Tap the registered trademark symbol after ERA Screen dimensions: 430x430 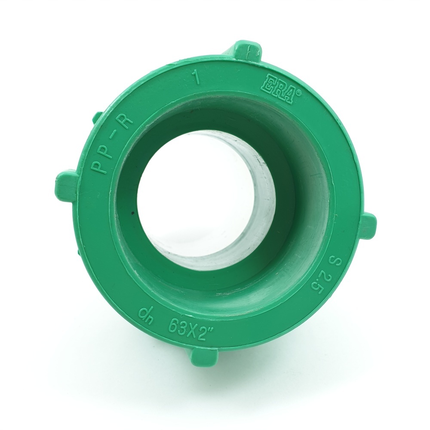[x=299, y=94]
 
